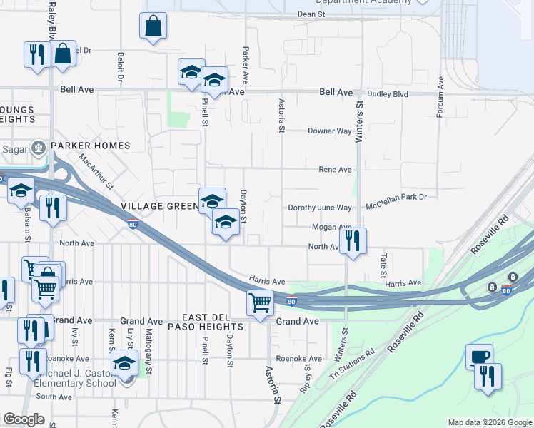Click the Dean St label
coord(311,14)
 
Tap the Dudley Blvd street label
coord(388,93)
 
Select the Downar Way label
coord(330,131)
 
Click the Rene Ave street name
coord(335,170)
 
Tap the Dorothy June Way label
coord(320,208)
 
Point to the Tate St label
coord(383,265)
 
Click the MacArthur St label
coord(97,171)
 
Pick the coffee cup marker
coord(479,356)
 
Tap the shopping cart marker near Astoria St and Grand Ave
coord(261,302)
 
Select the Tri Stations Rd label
coord(352,364)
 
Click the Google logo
coord(24,419)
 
